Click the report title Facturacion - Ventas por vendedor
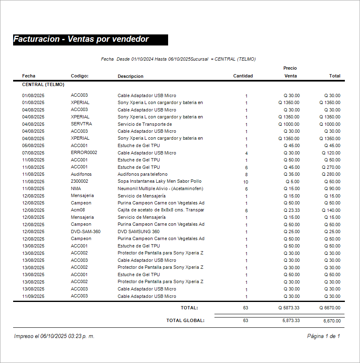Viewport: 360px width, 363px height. [81, 39]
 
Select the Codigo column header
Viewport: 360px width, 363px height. [80, 76]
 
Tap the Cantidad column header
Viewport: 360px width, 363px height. [243, 76]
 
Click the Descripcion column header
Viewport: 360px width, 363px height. [130, 76]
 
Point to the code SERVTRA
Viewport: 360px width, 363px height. [81, 124]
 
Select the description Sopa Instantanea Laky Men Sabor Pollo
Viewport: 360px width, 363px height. [159, 181]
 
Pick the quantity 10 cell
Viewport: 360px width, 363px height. [246, 181]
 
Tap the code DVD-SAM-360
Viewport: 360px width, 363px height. [85, 231]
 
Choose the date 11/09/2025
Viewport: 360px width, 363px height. [33, 296]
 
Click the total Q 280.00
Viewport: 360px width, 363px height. [332, 174]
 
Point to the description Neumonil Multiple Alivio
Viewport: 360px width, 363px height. [160, 188]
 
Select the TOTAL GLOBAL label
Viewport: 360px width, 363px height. [185, 320]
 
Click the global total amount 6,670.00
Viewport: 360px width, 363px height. [332, 321]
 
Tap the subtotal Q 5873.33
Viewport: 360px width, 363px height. [289, 308]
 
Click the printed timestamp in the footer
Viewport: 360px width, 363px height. [54, 336]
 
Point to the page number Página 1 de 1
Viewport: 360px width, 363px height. [323, 336]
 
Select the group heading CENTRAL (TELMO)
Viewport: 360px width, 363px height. [43, 84]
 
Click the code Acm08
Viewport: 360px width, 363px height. [78, 210]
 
